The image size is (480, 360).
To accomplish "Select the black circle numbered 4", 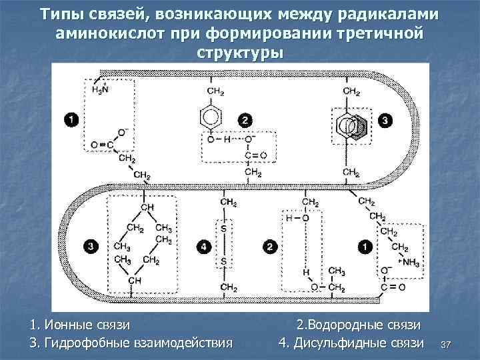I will pos(203,247).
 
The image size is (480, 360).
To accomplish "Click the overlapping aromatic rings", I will pos(350,125).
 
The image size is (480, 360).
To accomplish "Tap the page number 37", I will pos(446,344).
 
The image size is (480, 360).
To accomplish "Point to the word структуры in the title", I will pos(241,51).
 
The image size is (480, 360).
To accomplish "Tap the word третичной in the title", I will pos(378,33).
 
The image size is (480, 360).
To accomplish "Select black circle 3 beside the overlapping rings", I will pos(386,121).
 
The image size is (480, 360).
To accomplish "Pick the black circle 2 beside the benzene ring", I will pos(246,121).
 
